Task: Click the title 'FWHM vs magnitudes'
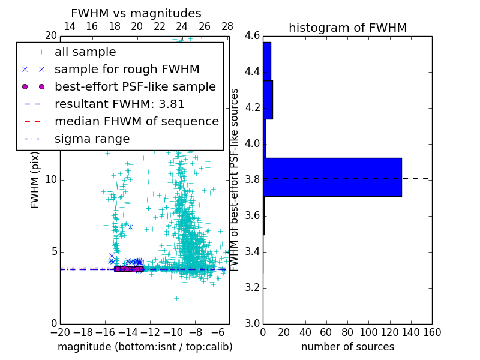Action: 136,13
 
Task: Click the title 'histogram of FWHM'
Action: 347,28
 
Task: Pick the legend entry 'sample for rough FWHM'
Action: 127,70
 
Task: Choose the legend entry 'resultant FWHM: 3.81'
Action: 119,104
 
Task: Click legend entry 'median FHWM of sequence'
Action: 136,122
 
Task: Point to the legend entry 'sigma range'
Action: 92,139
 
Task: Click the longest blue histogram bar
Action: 332,177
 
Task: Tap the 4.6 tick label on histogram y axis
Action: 252,36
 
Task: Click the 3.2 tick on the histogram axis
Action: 252,287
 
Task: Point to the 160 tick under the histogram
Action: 432,332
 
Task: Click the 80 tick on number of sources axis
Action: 347,332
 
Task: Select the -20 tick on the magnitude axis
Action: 60,332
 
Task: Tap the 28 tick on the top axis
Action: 227,26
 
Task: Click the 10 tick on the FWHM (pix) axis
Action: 51,180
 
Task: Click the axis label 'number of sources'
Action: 347,347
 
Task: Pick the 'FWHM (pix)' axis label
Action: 35,180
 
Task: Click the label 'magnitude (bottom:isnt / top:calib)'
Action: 145,347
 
